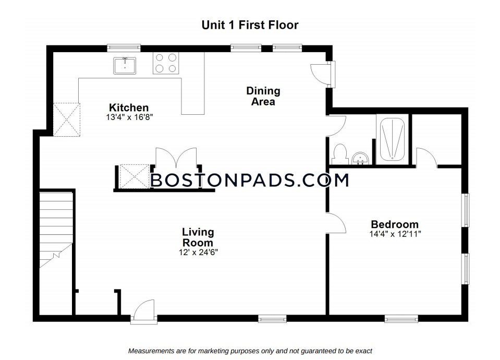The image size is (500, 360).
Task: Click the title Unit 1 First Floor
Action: [x=250, y=25]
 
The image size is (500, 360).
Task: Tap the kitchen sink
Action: [x=125, y=66]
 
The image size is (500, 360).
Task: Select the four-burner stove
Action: [x=166, y=63]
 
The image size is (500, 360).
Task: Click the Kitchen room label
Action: [x=129, y=107]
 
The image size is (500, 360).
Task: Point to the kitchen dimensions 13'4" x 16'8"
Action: [x=129, y=117]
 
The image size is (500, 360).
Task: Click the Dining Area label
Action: [x=263, y=96]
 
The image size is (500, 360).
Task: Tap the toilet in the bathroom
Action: [x=339, y=154]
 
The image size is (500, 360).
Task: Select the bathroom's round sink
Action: [x=360, y=158]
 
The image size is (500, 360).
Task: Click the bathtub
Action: [x=392, y=139]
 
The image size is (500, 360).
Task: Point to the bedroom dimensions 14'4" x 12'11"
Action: [x=395, y=234]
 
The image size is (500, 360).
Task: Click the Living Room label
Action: [x=198, y=237]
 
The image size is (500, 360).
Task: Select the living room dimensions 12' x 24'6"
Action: [x=198, y=253]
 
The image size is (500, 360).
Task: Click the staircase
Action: [x=56, y=230]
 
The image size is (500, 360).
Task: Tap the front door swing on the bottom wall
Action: [x=144, y=311]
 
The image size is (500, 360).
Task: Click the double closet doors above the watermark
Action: [x=176, y=158]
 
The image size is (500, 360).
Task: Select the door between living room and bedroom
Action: [x=336, y=223]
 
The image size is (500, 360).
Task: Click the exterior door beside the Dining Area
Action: [x=322, y=74]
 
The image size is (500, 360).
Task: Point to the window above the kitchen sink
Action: [x=124, y=48]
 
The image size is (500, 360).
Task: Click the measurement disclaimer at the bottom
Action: [x=250, y=351]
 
